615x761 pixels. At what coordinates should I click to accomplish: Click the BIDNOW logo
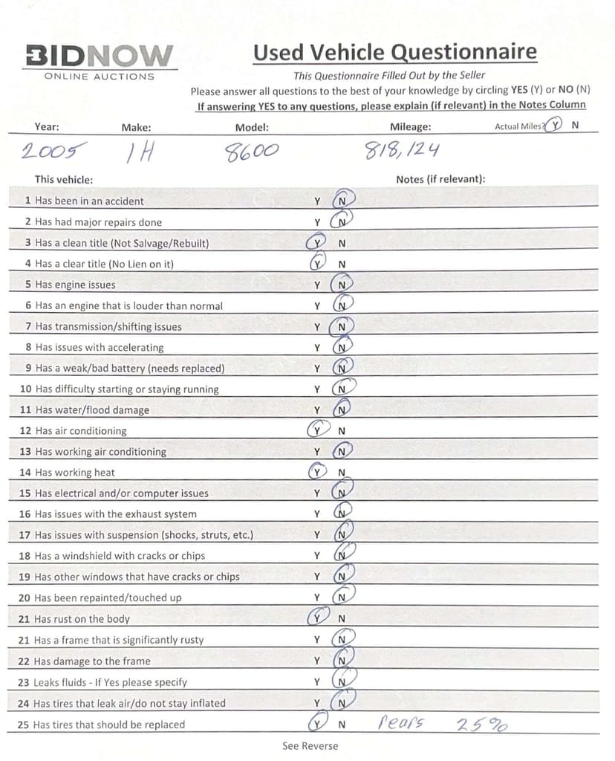point(100,56)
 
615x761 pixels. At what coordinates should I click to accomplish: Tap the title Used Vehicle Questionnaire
point(394,52)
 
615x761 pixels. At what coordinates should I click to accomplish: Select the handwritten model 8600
point(252,152)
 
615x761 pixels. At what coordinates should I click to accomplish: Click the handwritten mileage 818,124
point(401,151)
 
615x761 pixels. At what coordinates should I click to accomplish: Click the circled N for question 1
point(342,201)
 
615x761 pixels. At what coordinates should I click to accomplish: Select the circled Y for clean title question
point(317,242)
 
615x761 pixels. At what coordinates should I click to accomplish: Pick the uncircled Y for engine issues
point(317,285)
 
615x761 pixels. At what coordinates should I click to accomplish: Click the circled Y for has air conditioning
point(317,430)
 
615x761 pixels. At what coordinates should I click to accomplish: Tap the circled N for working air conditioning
point(342,451)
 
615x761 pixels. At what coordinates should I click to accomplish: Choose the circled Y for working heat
point(317,472)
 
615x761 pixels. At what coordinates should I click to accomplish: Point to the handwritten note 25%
point(481,723)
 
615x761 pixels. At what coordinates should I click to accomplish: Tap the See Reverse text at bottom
point(310,746)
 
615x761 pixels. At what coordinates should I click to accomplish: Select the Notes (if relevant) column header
point(440,179)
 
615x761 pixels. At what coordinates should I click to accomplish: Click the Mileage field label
point(410,127)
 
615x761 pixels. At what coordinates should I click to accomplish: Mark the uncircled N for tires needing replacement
point(342,725)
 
